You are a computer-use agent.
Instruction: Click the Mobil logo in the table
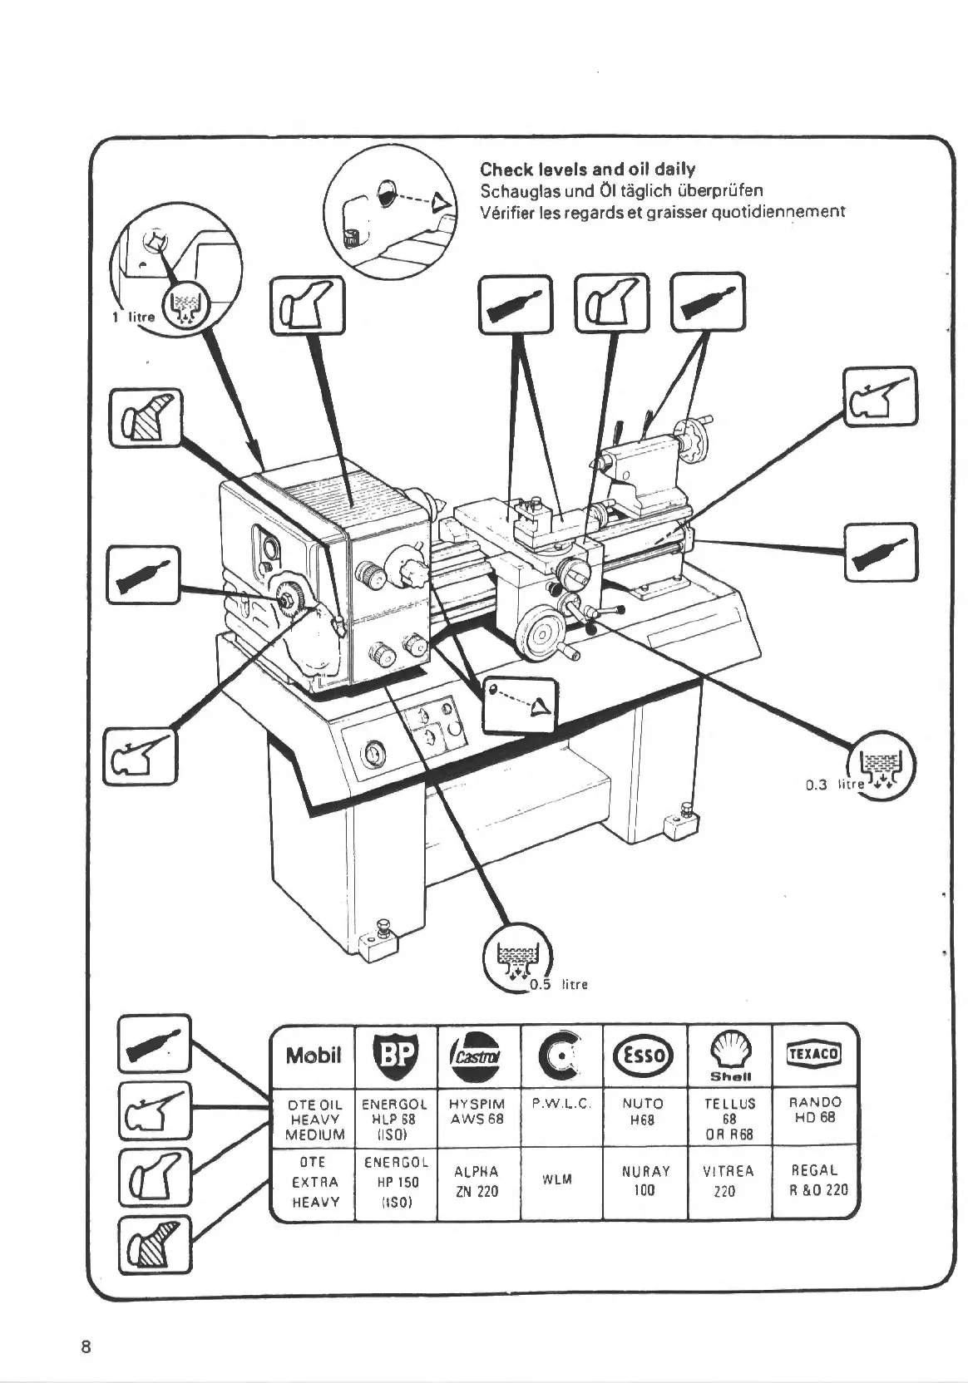pyautogui.click(x=313, y=1056)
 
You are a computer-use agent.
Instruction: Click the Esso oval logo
pyautogui.click(x=645, y=1055)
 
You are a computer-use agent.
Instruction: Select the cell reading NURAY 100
pyautogui.click(x=645, y=1180)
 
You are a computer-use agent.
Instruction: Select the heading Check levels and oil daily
pyautogui.click(x=587, y=170)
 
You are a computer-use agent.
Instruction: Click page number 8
pyautogui.click(x=86, y=1346)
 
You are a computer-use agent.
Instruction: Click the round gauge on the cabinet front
pyautogui.click(x=374, y=754)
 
